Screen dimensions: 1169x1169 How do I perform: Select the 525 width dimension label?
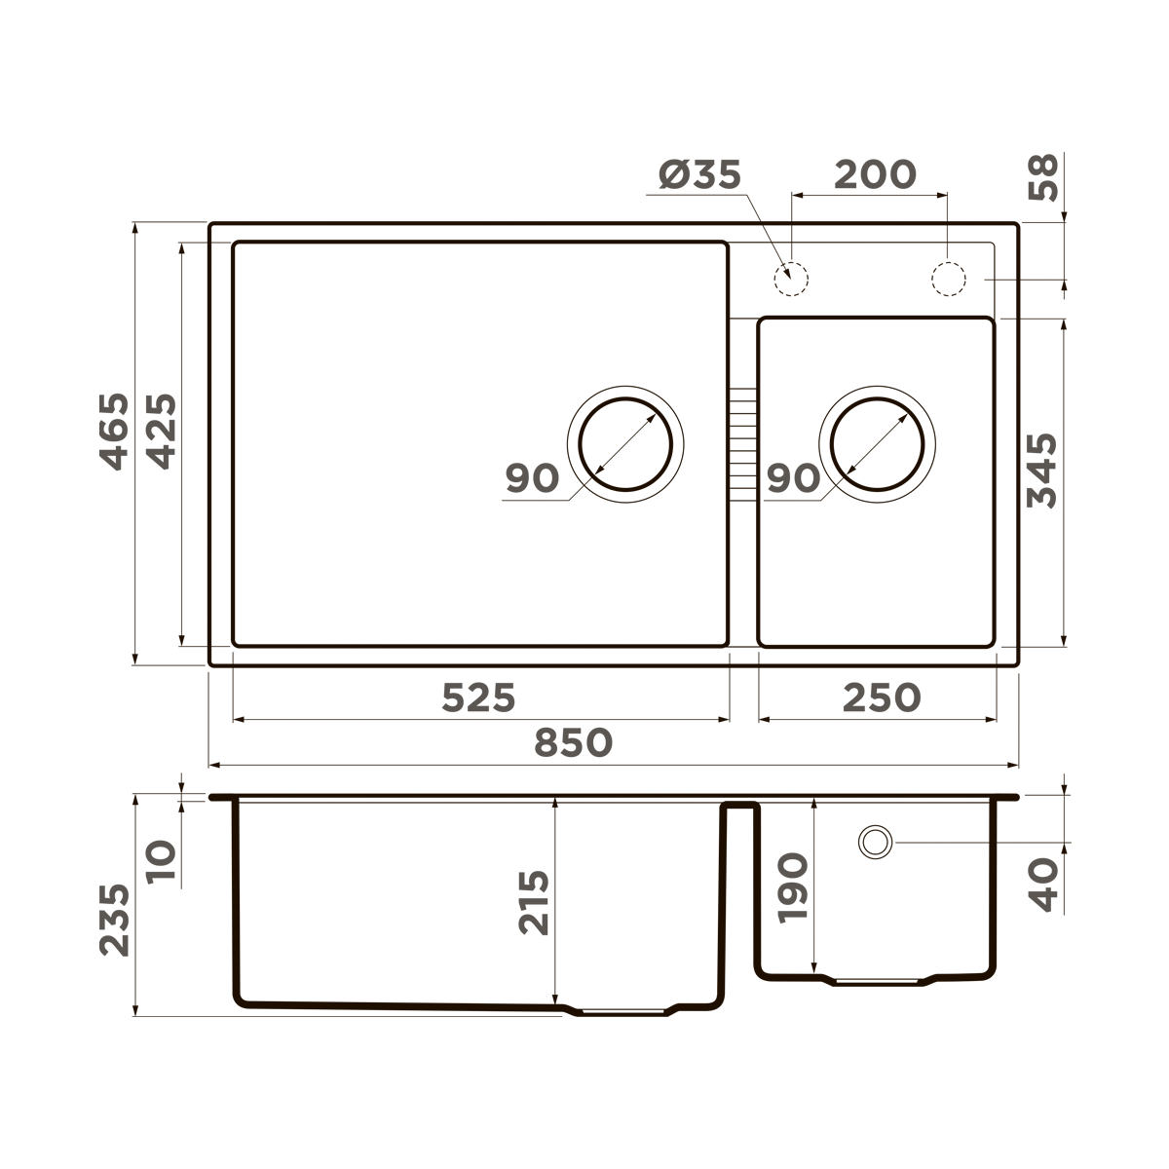click(477, 698)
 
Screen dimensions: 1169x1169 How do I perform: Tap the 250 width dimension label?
click(881, 698)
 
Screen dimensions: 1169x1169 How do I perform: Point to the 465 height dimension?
click(115, 432)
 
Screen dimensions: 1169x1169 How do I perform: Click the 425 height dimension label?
click(161, 432)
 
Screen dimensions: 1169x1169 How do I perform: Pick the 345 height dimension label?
click(1043, 471)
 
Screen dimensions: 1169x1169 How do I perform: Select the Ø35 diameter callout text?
click(699, 175)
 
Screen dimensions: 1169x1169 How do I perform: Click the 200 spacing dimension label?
click(875, 175)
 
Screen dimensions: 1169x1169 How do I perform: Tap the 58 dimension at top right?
click(1044, 177)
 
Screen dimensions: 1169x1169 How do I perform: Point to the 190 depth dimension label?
click(793, 886)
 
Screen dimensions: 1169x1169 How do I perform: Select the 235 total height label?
click(115, 920)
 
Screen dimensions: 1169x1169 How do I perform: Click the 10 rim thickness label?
click(163, 861)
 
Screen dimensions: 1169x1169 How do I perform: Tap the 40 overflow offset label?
click(1044, 885)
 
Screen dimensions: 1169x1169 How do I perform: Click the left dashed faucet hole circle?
click(791, 279)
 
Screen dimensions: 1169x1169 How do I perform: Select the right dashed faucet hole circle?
click(947, 279)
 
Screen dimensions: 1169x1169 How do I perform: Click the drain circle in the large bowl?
click(625, 444)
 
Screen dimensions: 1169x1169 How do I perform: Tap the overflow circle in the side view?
click(875, 842)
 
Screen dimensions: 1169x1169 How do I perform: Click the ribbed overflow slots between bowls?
click(743, 444)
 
